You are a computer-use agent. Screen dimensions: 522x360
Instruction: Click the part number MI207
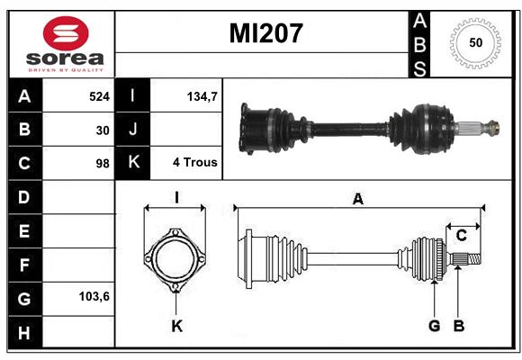click(x=266, y=33)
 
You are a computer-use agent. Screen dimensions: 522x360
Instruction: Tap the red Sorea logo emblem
click(x=66, y=33)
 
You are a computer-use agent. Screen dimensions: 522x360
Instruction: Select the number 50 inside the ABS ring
click(x=476, y=42)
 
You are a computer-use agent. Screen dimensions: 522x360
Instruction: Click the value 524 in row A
click(x=99, y=96)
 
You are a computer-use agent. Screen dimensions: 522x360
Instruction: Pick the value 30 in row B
click(x=103, y=130)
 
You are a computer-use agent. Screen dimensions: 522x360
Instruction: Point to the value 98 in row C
click(x=103, y=164)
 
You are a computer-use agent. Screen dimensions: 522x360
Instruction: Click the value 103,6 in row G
click(x=94, y=296)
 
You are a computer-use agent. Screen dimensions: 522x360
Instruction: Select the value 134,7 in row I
click(x=202, y=96)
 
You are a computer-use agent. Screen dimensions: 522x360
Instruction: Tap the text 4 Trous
click(x=195, y=162)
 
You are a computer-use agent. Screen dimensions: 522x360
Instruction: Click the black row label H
click(x=24, y=333)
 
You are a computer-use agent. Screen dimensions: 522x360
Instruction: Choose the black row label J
click(x=132, y=129)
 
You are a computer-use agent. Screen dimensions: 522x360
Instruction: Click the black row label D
click(x=24, y=197)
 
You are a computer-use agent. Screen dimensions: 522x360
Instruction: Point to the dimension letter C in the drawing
click(x=462, y=236)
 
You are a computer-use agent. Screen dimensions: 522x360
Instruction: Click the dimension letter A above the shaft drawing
click(x=358, y=199)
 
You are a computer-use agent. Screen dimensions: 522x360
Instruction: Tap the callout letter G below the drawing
click(x=435, y=326)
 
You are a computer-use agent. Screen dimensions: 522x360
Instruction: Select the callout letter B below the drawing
click(x=459, y=326)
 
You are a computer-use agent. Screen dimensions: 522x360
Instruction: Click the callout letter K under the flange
click(x=177, y=326)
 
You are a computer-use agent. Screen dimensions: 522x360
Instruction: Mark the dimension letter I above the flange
click(x=176, y=197)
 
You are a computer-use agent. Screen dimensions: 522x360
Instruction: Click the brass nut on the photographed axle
click(x=493, y=128)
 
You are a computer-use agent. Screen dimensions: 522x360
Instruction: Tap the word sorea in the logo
click(x=65, y=58)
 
